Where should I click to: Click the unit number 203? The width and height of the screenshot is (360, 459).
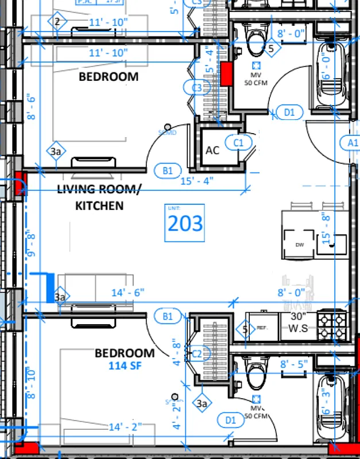coord(185,223)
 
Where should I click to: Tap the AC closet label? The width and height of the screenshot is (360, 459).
coord(212,150)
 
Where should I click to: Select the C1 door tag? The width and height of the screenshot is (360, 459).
coord(238,142)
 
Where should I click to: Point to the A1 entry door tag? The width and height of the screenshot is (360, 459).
coord(351,142)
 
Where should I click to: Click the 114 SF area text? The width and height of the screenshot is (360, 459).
coord(125,365)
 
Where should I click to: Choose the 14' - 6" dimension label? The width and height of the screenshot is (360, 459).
coord(127,293)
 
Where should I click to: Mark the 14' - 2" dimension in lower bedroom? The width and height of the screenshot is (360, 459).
coord(123,426)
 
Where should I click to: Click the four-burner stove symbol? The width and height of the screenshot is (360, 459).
coord(333,325)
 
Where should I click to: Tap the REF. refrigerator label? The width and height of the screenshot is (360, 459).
coord(262,328)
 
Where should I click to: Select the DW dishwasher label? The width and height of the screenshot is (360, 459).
coord(299,244)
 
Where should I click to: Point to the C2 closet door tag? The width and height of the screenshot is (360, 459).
coord(197,353)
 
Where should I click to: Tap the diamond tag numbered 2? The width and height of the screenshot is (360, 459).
coord(57,22)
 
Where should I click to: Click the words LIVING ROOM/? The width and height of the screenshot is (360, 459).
coord(99,189)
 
